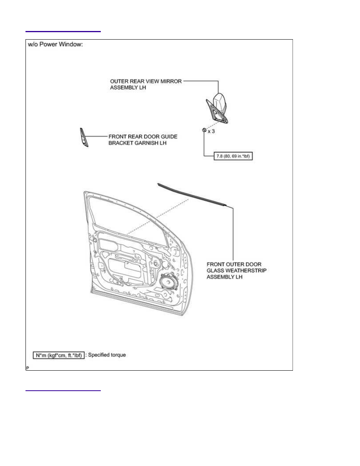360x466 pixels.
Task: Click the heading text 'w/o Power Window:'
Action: [x=55, y=44]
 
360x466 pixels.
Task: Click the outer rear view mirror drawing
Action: [x=217, y=108]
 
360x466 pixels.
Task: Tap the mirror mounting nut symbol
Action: [x=204, y=130]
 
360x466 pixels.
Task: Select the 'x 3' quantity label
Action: [x=211, y=131]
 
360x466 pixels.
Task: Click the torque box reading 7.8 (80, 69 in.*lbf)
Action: [x=233, y=156]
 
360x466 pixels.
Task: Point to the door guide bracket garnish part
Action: [x=84, y=137]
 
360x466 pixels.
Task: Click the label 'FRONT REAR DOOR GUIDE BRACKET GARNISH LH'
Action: [x=143, y=140]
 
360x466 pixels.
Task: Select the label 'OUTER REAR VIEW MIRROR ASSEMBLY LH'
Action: [x=145, y=84]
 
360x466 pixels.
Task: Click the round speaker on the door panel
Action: [x=169, y=281]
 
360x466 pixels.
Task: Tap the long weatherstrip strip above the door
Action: [x=193, y=195]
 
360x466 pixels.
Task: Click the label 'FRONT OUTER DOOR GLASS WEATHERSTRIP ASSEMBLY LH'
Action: [x=236, y=270]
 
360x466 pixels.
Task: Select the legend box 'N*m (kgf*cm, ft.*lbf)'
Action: [x=59, y=355]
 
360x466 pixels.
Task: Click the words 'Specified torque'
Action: [x=107, y=355]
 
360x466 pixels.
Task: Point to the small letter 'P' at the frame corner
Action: [x=27, y=368]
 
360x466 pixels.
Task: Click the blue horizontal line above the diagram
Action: [x=63, y=31]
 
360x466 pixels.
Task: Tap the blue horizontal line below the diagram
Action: [x=63, y=391]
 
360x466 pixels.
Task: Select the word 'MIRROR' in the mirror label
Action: [x=171, y=81]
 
